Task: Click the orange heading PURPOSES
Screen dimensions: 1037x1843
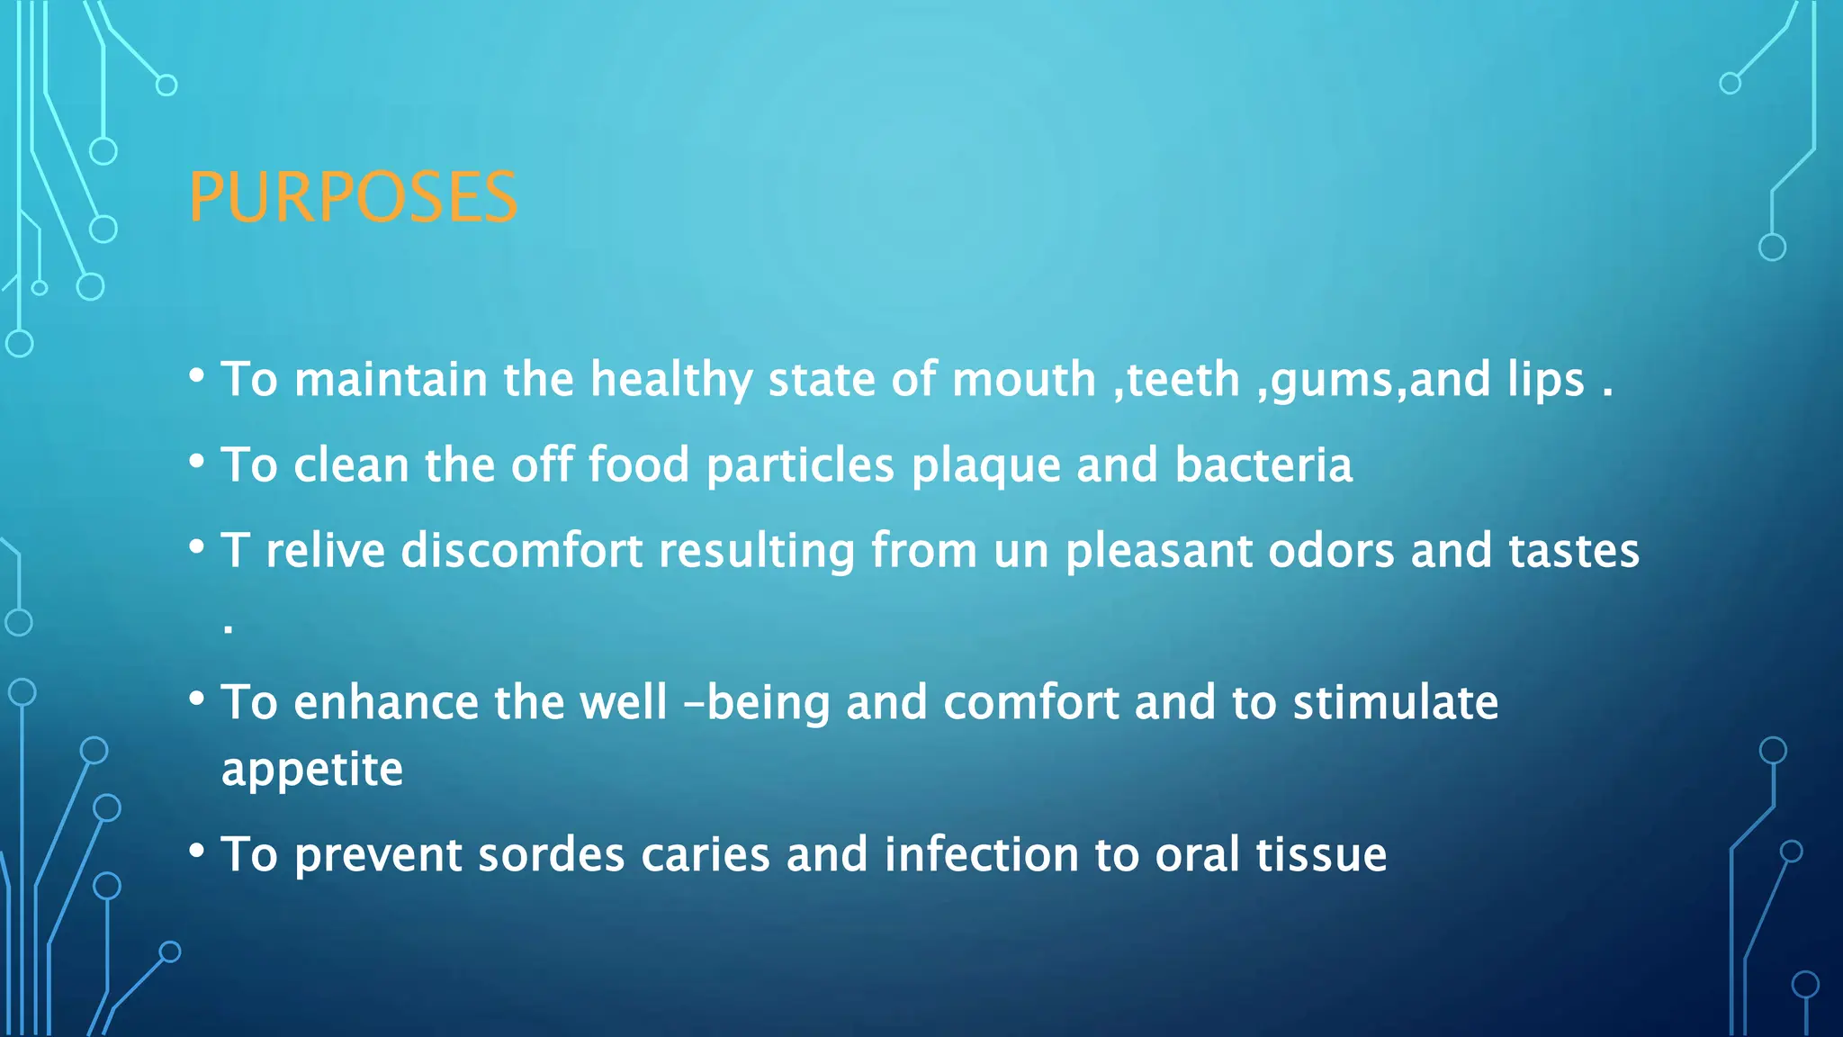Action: point(353,197)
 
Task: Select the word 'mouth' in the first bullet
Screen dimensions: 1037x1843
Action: point(1023,379)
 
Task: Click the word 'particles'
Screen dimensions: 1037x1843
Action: point(800,466)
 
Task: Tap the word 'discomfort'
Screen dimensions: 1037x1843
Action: point(522,550)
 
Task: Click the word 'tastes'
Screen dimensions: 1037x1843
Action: point(1573,551)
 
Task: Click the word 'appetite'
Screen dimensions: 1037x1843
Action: point(312,771)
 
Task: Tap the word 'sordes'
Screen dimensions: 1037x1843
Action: point(551,854)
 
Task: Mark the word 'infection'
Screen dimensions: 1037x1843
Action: point(981,854)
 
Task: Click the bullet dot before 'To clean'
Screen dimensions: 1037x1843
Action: point(197,462)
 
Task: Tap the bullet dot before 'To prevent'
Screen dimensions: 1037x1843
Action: point(197,851)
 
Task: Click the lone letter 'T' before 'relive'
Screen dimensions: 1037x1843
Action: point(235,550)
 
